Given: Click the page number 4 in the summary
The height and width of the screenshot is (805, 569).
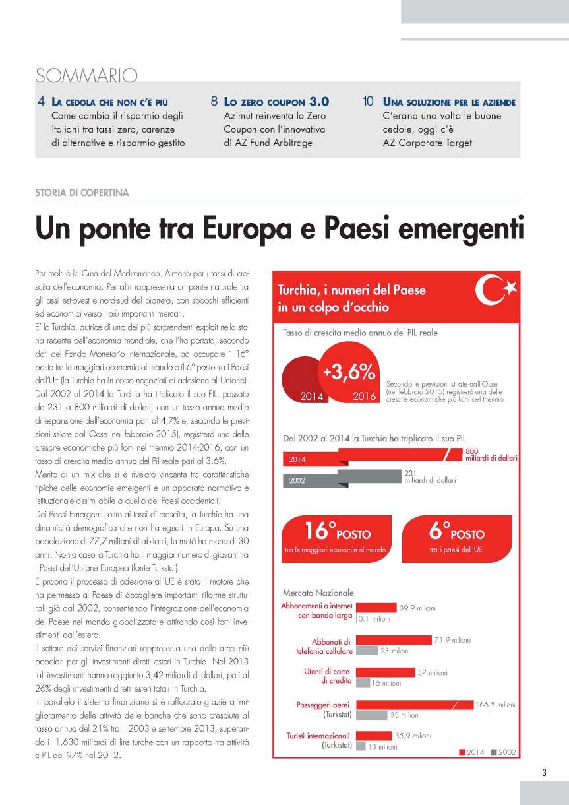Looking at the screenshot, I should [42, 102].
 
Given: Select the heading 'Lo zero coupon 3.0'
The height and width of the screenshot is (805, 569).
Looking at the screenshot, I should [276, 102].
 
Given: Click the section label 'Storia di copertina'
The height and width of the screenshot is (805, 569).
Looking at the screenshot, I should [82, 193].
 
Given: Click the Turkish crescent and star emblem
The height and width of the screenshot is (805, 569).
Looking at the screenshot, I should [496, 291].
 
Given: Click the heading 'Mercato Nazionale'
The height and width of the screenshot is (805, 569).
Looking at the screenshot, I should [318, 593].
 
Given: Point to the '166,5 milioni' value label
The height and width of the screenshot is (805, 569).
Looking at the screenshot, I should [495, 705].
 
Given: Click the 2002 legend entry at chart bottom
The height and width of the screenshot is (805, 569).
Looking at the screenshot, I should [504, 752].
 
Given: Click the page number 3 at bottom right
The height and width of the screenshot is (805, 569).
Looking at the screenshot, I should [544, 773].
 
